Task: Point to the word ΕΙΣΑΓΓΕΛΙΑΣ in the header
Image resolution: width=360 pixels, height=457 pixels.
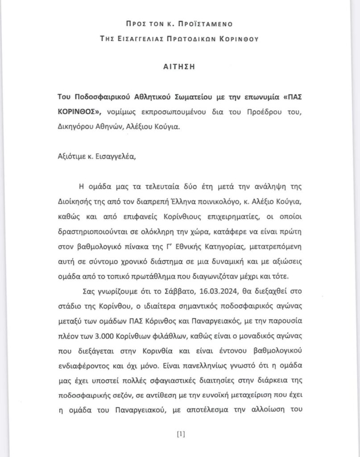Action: (143, 39)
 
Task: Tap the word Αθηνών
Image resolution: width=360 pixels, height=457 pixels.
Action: (111, 126)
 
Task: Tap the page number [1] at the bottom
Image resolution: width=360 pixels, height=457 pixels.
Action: (180, 433)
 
